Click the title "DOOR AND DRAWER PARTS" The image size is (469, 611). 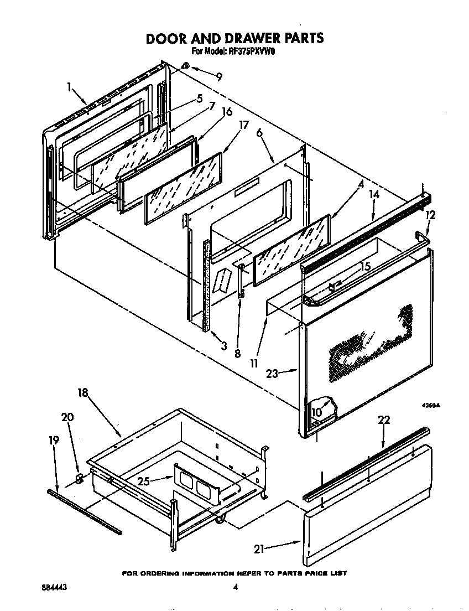pos(234,38)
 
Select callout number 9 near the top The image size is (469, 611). pos(220,77)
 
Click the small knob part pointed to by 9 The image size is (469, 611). pos(186,67)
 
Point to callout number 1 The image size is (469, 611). pos(70,87)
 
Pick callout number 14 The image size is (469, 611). pos(374,194)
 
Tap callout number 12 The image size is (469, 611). pos(430,215)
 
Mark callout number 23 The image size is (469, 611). pos(272,373)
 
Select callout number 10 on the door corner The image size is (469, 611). pos(316,412)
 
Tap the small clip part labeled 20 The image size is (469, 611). pos(79,478)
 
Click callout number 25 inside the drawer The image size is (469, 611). pos(144,481)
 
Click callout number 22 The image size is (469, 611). pos(383,420)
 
